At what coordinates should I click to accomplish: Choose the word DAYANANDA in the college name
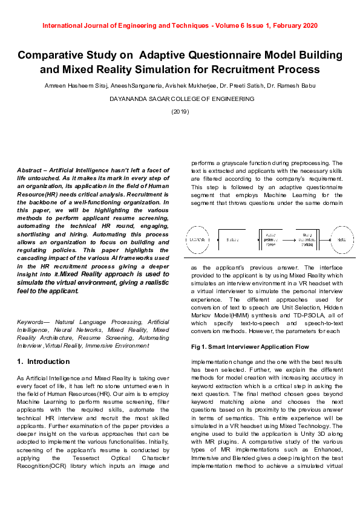[129, 99]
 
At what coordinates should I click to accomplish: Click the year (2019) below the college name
[180, 111]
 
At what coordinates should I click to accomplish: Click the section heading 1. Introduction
[44, 361]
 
